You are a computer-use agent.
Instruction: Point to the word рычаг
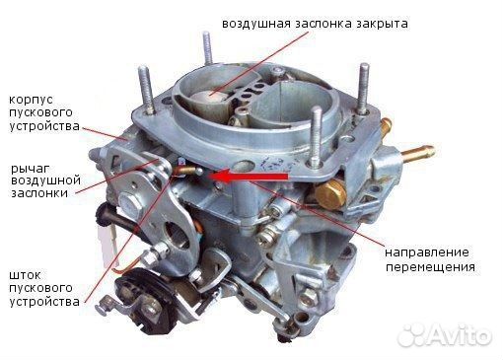(27, 167)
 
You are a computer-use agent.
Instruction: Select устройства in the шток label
(43, 301)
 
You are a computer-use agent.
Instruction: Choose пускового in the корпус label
(39, 113)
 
